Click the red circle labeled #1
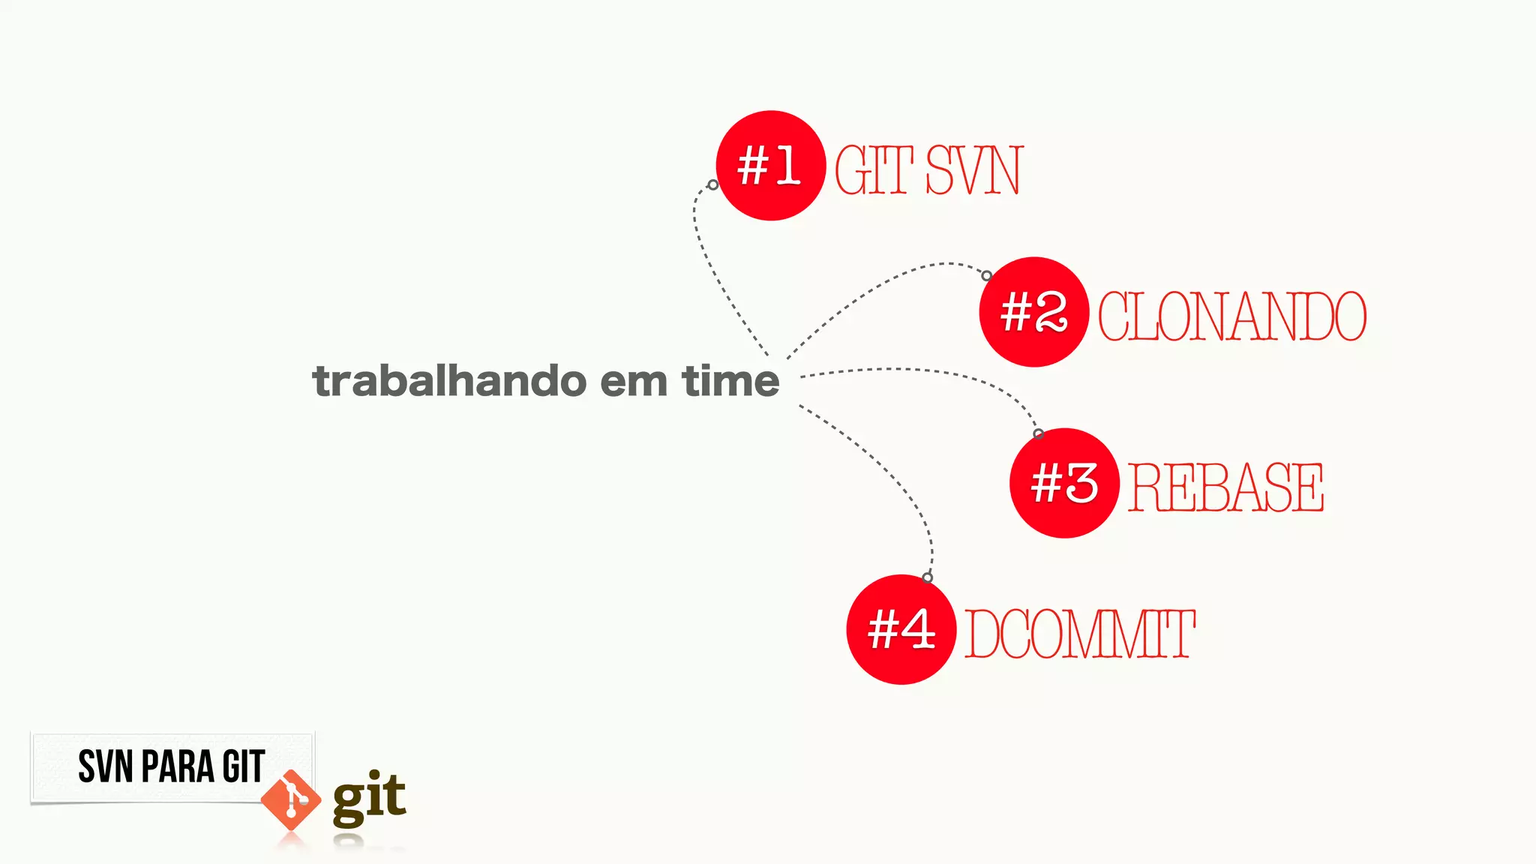(x=770, y=166)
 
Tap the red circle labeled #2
(x=1033, y=312)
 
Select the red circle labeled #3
(x=1064, y=483)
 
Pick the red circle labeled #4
(x=901, y=629)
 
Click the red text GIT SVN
(x=928, y=170)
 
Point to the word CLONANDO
(x=1232, y=316)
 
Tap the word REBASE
(x=1225, y=487)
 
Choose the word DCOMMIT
(x=1079, y=634)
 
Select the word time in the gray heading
(x=730, y=381)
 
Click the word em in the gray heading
(x=634, y=381)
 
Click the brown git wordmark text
(x=369, y=798)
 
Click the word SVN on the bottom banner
(x=106, y=766)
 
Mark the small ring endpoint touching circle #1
(x=712, y=184)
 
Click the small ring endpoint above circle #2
(x=987, y=276)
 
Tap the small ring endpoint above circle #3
(x=1038, y=433)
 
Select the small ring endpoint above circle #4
(x=928, y=577)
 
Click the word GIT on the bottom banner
(x=243, y=766)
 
